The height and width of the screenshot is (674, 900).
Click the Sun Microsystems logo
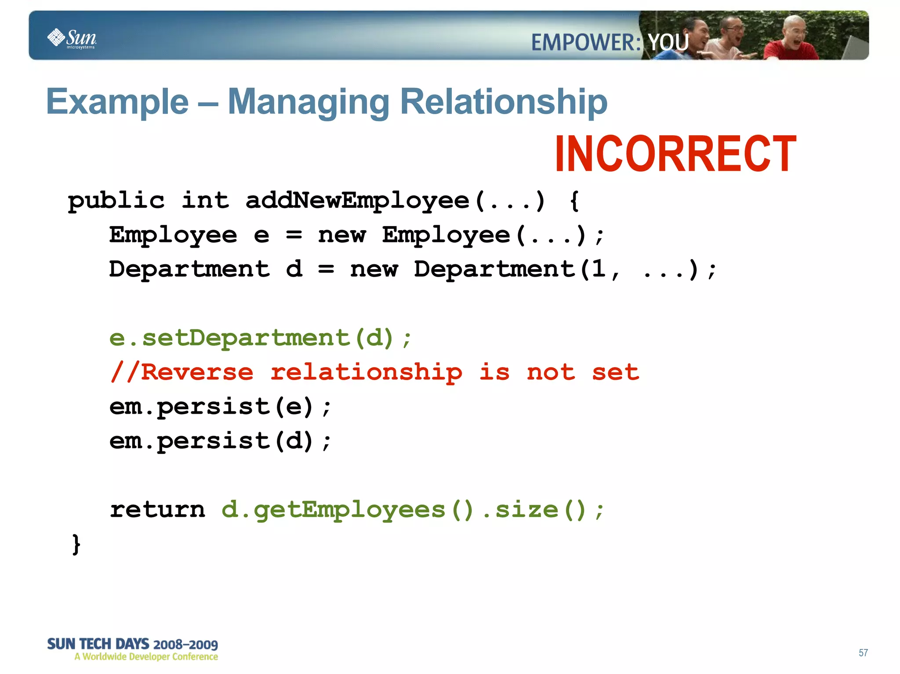point(72,38)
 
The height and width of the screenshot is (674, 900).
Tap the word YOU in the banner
point(668,43)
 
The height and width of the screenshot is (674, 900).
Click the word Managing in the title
point(308,102)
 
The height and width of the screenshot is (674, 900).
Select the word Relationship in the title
point(504,102)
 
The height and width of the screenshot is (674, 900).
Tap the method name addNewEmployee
point(357,201)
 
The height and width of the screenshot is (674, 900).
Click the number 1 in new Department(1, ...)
point(598,269)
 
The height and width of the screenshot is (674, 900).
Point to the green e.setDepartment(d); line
point(260,338)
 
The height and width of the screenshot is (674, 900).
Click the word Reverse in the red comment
point(197,372)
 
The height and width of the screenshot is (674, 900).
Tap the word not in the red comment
point(551,372)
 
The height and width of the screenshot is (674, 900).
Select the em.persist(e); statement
point(220,407)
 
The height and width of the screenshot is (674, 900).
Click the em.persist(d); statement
point(220,441)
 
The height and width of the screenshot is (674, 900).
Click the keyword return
point(157,510)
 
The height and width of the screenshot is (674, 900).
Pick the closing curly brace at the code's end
point(76,544)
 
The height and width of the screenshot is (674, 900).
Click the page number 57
point(863,653)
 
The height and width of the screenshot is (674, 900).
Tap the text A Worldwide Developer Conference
point(146,657)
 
